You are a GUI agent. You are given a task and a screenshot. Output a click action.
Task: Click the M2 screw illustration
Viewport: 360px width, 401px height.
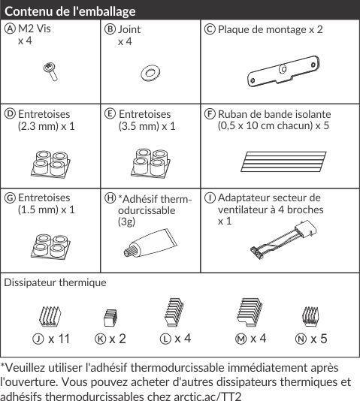click(50, 71)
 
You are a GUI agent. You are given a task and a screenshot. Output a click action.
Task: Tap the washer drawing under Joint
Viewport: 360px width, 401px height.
click(150, 73)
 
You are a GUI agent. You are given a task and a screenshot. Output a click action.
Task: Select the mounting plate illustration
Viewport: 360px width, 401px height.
click(283, 71)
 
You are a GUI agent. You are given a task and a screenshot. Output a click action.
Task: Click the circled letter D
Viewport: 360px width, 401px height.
click(10, 114)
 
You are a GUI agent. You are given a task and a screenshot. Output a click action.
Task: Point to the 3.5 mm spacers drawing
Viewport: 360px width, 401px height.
click(150, 163)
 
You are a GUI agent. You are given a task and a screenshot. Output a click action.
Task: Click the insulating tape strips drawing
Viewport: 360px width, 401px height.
click(283, 161)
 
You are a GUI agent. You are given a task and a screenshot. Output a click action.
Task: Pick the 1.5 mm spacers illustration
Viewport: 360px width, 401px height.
click(50, 246)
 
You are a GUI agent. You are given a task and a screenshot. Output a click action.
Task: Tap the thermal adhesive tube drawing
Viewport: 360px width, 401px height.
click(150, 243)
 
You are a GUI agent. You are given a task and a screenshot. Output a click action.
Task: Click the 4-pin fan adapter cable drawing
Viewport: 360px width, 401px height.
click(283, 240)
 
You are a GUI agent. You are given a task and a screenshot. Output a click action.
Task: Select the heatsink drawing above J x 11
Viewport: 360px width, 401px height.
click(50, 316)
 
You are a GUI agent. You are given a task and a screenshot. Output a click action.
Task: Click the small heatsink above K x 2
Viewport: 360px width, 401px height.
click(110, 318)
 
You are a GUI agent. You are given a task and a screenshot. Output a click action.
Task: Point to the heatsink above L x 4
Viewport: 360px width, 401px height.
click(174, 312)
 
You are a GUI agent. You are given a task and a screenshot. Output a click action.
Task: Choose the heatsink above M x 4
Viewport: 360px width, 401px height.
click(250, 312)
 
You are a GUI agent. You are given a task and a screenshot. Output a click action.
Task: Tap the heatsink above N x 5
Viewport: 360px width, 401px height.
click(310, 316)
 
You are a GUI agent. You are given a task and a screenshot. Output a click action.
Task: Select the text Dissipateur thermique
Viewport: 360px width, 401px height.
click(55, 282)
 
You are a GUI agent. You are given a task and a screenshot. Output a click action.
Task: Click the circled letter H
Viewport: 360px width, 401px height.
click(110, 198)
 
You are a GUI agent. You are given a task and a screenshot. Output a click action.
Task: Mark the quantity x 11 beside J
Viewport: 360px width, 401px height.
click(59, 339)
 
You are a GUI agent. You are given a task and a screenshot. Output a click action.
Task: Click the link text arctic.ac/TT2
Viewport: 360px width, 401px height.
click(207, 396)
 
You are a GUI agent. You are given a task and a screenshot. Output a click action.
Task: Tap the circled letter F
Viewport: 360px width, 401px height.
click(210, 114)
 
